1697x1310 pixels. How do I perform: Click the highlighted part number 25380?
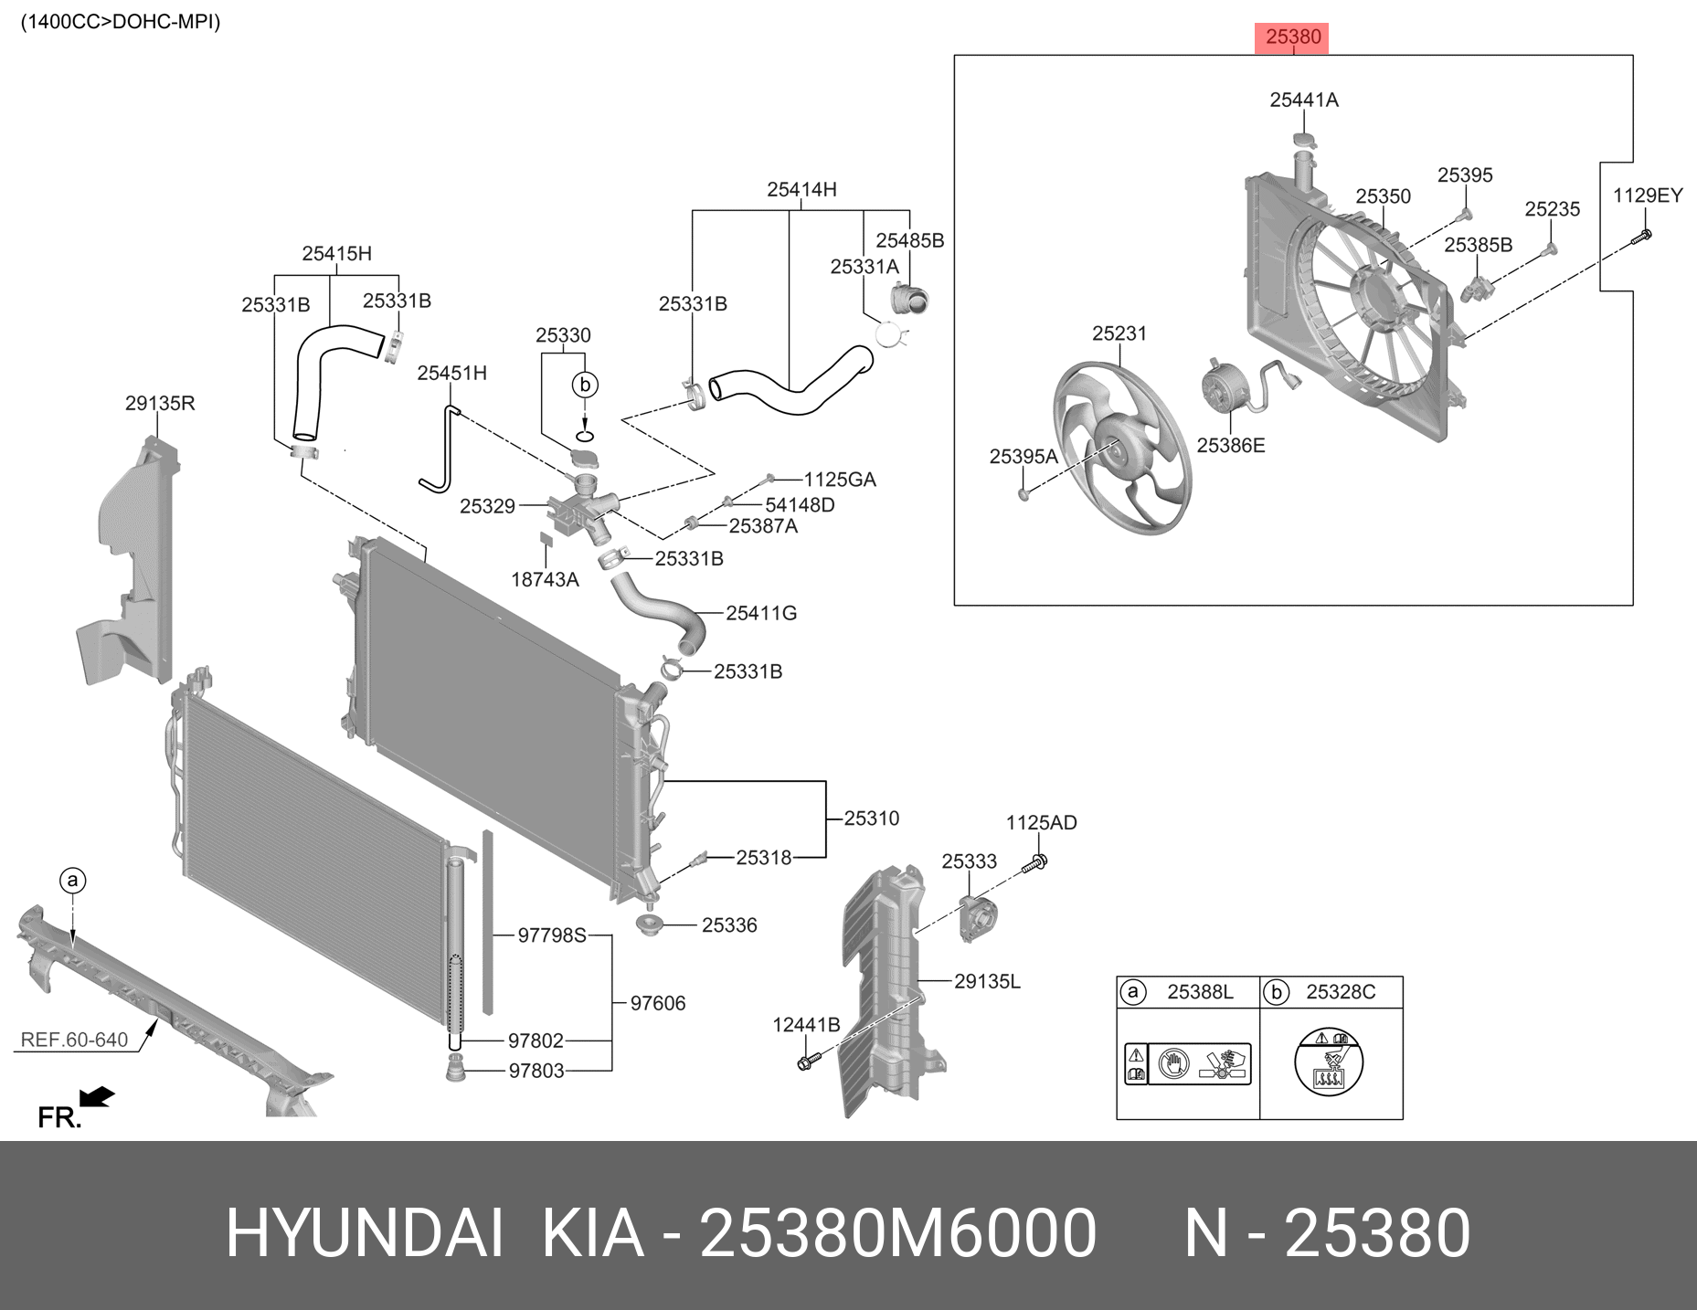[1293, 37]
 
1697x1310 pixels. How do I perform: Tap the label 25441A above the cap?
[1303, 100]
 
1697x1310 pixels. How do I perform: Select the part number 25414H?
[801, 190]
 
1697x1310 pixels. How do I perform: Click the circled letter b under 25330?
[585, 386]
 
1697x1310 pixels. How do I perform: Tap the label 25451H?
[451, 373]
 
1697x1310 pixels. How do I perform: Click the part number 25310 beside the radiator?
[871, 819]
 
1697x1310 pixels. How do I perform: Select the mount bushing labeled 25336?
[649, 925]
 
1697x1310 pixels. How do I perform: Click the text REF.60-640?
[74, 1040]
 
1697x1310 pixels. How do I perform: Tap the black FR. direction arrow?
[96, 1096]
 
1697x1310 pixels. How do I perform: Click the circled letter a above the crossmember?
[72, 881]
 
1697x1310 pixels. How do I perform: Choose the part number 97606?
[657, 1003]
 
